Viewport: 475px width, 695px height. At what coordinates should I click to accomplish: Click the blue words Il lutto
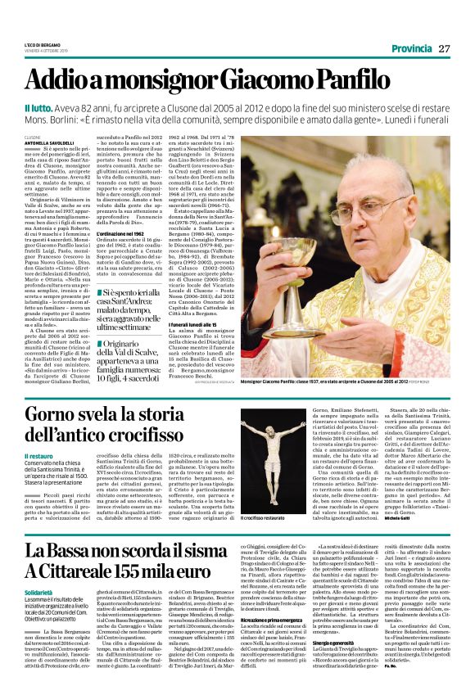coord(40,108)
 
